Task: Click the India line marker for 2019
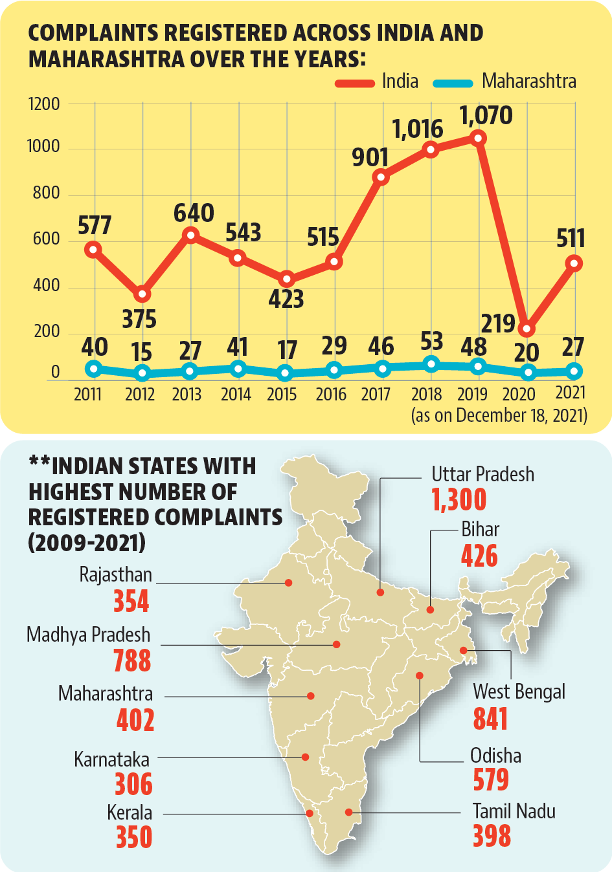click(479, 138)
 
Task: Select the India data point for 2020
click(527, 329)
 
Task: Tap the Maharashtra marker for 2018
click(431, 364)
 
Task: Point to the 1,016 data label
click(418, 129)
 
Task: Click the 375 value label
click(139, 319)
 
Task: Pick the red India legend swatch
click(355, 83)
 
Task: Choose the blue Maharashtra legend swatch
click(453, 83)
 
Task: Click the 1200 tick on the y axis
click(44, 104)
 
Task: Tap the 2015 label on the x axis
click(282, 395)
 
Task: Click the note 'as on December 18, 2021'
click(499, 415)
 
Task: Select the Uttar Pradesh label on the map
click(482, 475)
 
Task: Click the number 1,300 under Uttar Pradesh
click(459, 499)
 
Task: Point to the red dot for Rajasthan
click(288, 583)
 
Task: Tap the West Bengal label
click(519, 692)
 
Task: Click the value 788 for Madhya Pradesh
click(132, 660)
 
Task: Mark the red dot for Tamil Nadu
click(349, 812)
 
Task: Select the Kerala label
click(130, 812)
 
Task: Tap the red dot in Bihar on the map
click(431, 609)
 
